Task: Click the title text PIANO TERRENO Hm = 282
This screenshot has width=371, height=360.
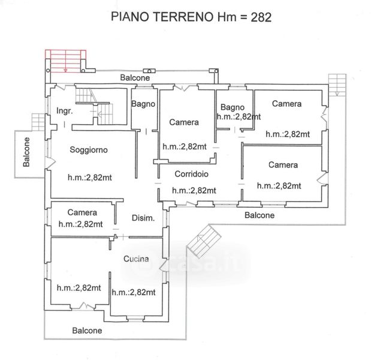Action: [191, 17]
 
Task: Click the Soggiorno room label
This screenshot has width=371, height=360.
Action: [89, 149]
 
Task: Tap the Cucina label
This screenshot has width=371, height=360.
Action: [136, 259]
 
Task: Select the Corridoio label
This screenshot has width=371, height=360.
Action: [191, 174]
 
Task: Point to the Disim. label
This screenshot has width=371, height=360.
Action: [143, 218]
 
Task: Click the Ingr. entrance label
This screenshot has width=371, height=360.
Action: [64, 110]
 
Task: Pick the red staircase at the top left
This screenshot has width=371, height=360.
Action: [65, 61]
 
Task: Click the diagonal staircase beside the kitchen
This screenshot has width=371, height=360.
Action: [204, 241]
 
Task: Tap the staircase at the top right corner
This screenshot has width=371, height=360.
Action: [337, 85]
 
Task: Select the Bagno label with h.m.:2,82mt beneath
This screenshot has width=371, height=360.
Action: [233, 107]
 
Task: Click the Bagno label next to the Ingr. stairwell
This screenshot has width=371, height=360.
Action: [143, 104]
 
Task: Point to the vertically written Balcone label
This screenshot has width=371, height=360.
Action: [26, 152]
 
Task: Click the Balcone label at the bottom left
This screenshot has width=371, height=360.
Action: [87, 331]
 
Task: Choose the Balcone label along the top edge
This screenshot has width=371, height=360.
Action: [135, 77]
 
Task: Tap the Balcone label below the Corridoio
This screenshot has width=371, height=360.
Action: [260, 215]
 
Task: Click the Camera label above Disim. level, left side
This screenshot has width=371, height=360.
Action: [82, 212]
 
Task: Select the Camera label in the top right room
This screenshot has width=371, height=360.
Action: [286, 103]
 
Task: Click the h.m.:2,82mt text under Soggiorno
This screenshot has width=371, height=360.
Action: [90, 178]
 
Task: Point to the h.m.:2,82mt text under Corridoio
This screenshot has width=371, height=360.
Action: [194, 190]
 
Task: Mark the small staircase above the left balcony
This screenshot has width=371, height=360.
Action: [38, 122]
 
